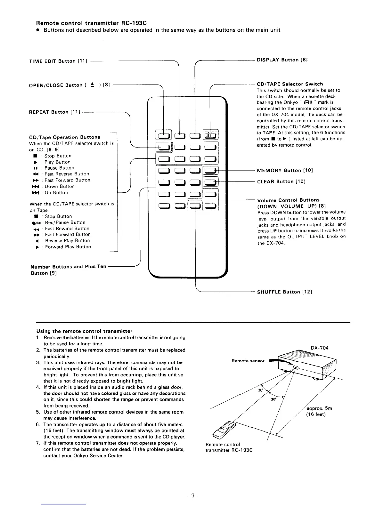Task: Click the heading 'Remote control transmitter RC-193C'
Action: tap(92, 23)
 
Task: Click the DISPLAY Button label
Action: tap(282, 60)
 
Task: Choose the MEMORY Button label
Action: tap(285, 170)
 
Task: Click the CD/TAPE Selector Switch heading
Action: tap(290, 84)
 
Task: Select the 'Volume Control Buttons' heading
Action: tap(288, 200)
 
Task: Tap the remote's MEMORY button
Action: tap(211, 170)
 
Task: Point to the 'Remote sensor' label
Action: tap(248, 361)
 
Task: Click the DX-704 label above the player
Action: tap(319, 348)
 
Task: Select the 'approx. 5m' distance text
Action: tap(319, 408)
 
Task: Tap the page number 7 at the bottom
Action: tap(192, 496)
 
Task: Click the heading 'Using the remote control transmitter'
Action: tap(84, 331)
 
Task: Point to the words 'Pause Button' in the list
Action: tap(59, 168)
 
